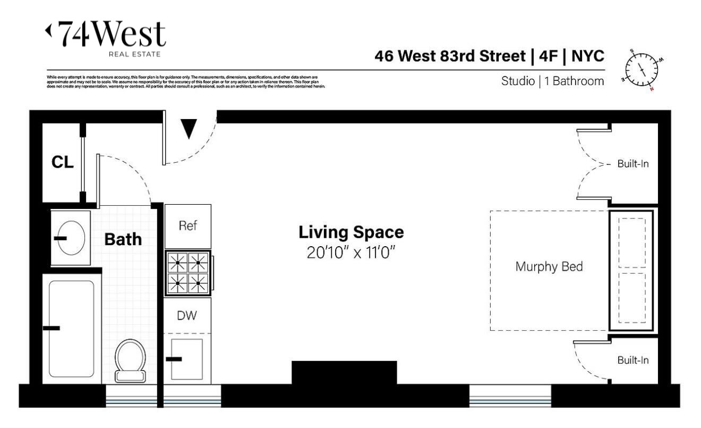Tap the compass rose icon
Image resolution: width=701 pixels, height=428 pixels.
tap(642, 70)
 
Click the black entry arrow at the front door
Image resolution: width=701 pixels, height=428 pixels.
tap(189, 128)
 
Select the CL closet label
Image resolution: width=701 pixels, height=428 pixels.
tap(62, 162)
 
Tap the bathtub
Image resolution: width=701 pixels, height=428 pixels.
tap(71, 328)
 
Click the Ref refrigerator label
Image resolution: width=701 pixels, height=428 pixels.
tap(187, 225)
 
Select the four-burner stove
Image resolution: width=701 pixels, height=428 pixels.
tap(187, 272)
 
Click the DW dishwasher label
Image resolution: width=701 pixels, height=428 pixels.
tap(187, 315)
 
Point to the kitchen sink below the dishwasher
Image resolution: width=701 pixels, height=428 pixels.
tap(186, 358)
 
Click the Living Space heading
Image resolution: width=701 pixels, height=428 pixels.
tap(351, 232)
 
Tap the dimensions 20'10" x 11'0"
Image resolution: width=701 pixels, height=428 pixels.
tap(351, 252)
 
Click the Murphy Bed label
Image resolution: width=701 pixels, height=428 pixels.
tap(549, 266)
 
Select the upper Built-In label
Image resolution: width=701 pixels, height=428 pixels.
tap(632, 164)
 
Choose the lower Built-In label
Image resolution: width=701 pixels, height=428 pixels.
tap(632, 360)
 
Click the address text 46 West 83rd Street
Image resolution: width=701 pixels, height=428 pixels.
tap(451, 56)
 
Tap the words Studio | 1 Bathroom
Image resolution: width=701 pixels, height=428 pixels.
tap(552, 81)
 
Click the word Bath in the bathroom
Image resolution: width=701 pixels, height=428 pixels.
tap(123, 239)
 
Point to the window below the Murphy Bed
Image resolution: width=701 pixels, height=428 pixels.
tap(510, 395)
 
